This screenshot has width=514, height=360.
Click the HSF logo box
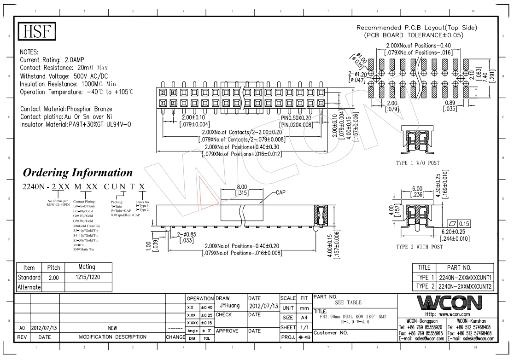pos(37,32)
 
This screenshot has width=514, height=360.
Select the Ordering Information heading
pos(78,173)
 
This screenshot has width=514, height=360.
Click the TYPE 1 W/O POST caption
pos(418,163)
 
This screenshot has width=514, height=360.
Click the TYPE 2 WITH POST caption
pos(419,247)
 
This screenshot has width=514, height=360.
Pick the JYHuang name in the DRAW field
pos(229,305)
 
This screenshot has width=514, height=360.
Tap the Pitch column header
pos(51,267)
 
